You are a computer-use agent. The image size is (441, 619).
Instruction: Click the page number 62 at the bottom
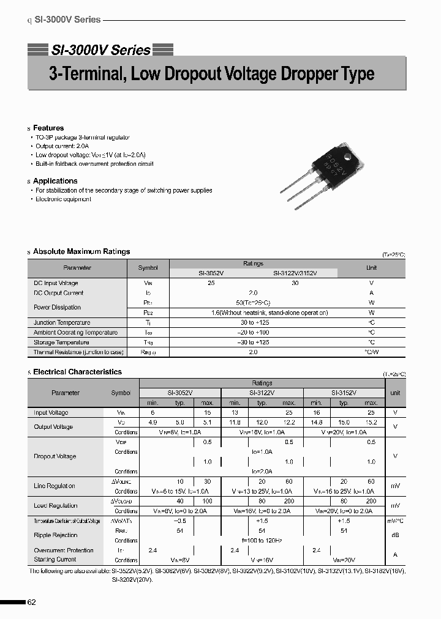pos(32,602)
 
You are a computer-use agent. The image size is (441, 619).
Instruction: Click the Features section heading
pos(48,128)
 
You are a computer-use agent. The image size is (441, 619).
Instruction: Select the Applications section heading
pos(55,181)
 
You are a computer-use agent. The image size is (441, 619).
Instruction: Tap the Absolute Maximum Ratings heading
pos(81,251)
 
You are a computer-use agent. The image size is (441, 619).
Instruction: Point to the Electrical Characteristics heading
pos(77,372)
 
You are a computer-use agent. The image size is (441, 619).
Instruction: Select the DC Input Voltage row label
pos(56,283)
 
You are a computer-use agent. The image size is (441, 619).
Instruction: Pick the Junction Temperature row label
pos(62,322)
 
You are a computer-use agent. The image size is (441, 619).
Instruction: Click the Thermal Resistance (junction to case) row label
pos(78,352)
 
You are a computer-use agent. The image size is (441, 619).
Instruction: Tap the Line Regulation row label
pos(55,486)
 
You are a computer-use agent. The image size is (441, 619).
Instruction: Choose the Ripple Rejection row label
pos(55,535)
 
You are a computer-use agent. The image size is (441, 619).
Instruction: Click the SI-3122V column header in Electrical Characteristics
pos(262,393)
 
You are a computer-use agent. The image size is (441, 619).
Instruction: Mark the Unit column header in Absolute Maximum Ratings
pos(371,268)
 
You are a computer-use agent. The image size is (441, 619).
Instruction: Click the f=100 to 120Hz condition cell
pos(262,541)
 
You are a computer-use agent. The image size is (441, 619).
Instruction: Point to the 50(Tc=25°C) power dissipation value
pos(253,303)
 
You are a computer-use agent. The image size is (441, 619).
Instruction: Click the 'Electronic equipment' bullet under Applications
pos(63,199)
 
